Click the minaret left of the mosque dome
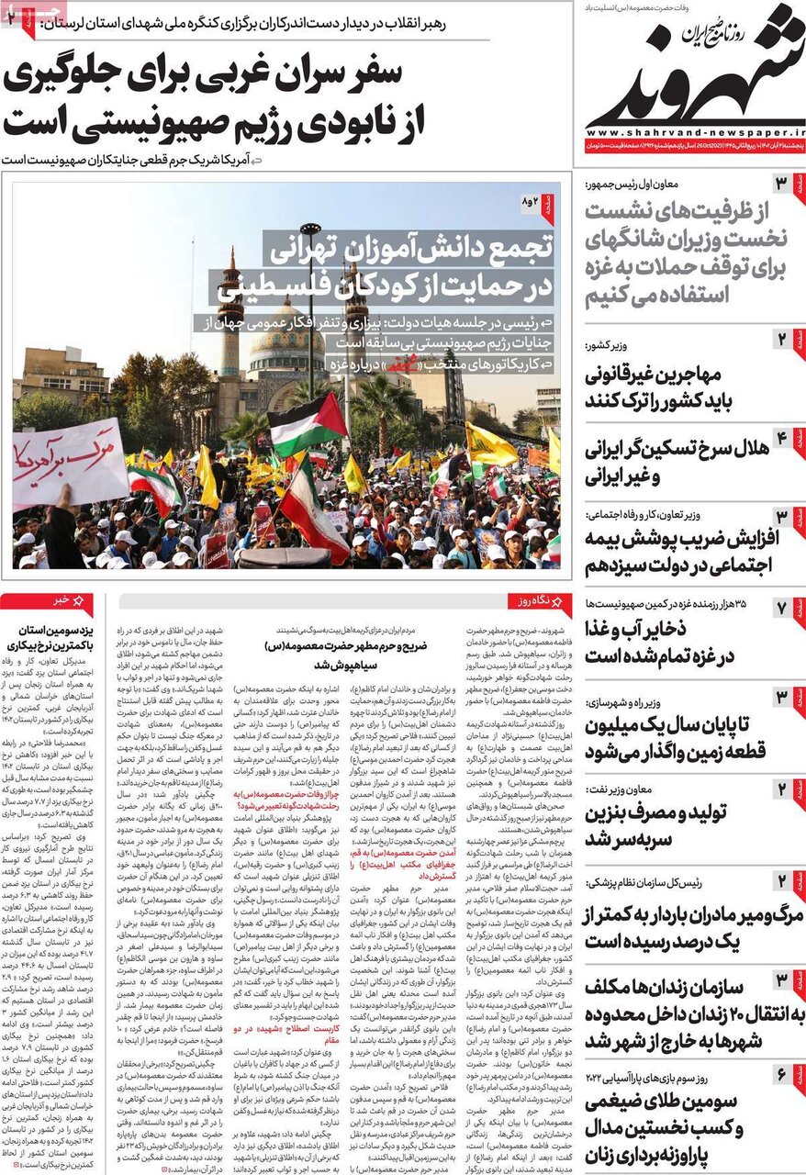(x=230, y=312)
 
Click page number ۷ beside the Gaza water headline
(x=781, y=607)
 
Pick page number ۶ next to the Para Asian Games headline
(x=781, y=1073)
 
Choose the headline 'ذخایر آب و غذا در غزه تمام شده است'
(x=674, y=643)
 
